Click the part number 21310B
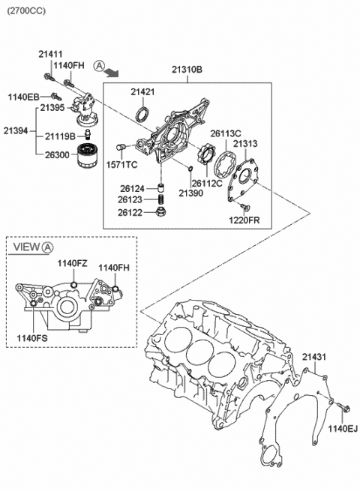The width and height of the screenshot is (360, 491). (187, 70)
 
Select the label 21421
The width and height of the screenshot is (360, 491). (142, 92)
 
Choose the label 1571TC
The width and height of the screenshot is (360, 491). (121, 164)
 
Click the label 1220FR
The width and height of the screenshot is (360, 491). (244, 220)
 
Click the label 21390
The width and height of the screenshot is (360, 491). (190, 193)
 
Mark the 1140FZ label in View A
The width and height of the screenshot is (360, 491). (73, 263)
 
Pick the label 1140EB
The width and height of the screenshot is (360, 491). (22, 97)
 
